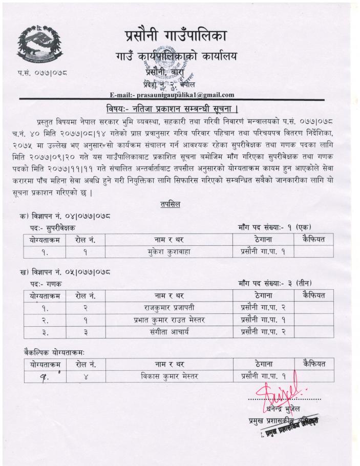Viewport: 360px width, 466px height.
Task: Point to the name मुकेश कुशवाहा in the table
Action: pos(169,251)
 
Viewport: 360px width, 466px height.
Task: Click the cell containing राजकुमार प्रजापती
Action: pos(169,307)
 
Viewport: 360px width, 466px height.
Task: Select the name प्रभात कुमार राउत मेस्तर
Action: pos(169,320)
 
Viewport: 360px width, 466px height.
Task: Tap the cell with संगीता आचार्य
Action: pos(169,332)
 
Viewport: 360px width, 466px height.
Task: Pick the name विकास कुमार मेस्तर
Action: pos(169,377)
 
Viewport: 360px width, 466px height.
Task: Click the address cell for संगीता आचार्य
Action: pos(263,332)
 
